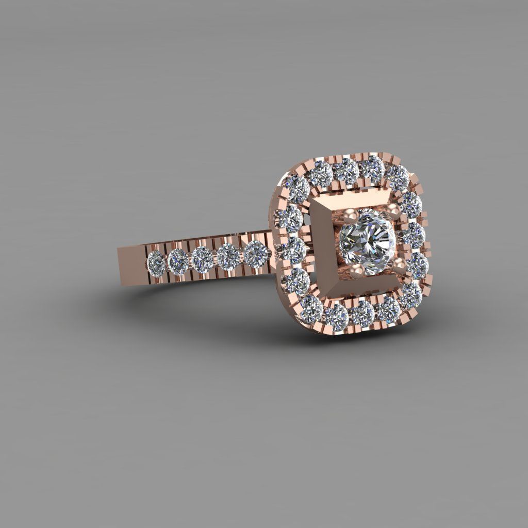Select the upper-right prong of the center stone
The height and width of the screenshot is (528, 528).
[x=394, y=209]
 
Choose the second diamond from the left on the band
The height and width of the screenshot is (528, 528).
[x=178, y=259]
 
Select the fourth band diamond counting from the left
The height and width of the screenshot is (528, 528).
[x=228, y=256]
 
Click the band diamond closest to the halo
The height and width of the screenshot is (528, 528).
[x=256, y=253]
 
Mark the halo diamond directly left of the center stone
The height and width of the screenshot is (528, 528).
[x=294, y=250]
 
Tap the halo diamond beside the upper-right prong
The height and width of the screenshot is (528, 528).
[x=411, y=204]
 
